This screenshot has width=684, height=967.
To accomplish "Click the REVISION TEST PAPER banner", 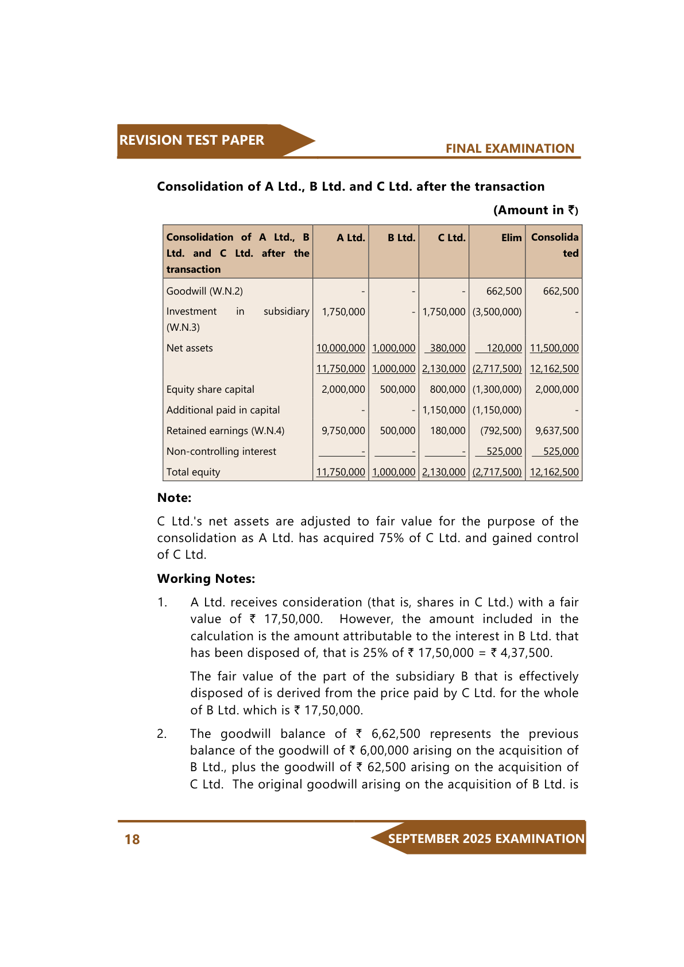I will click(x=192, y=140).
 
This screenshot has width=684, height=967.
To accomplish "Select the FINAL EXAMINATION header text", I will click(x=509, y=149).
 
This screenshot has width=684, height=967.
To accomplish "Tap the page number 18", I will click(x=132, y=840).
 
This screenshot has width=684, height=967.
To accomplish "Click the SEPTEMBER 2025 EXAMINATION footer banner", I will click(x=486, y=838).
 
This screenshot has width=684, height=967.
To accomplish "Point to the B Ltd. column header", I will click(x=401, y=238).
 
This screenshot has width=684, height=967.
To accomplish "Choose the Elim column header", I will click(x=511, y=238).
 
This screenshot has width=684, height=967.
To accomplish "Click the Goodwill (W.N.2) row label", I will click(x=204, y=291).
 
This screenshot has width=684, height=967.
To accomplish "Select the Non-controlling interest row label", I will click(x=221, y=451).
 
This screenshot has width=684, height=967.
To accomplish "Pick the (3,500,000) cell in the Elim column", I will click(x=497, y=312).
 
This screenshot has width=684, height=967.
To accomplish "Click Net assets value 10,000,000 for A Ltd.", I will click(x=341, y=348).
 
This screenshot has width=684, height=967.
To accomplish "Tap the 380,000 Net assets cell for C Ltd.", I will click(x=447, y=348).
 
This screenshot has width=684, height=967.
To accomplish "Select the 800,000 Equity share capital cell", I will click(x=447, y=389).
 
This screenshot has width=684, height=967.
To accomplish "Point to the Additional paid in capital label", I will click(x=223, y=410).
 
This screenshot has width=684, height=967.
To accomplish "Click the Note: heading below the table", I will click(x=174, y=498).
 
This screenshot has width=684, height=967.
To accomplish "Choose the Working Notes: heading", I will click(x=206, y=579).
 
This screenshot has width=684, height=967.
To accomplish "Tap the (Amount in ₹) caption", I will click(x=535, y=210).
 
